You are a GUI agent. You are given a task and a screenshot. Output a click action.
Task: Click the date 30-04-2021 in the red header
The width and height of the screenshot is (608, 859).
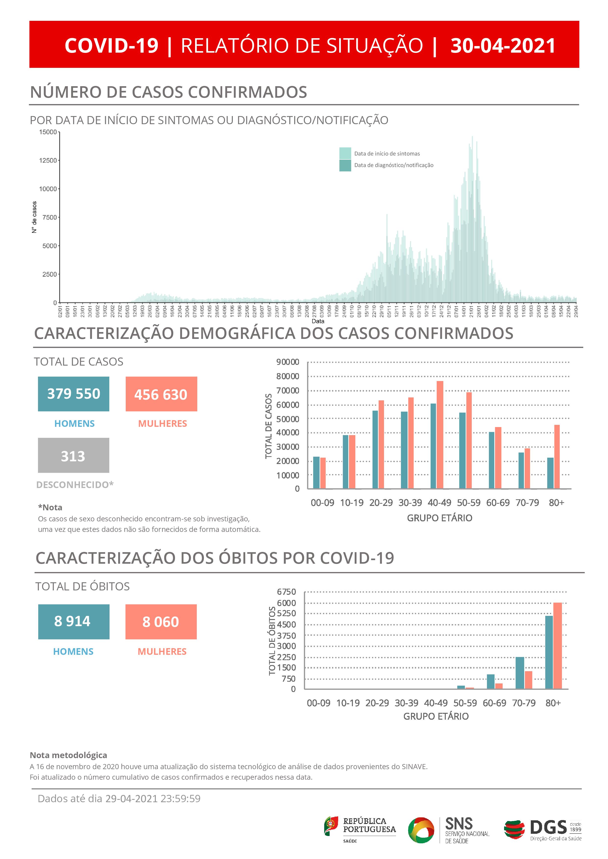(503, 46)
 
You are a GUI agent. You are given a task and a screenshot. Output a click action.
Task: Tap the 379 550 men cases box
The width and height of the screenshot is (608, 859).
(73, 394)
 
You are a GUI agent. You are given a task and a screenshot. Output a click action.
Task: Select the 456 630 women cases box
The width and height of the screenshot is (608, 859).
(161, 394)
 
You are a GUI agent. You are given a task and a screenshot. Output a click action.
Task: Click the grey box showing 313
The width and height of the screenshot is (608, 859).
(73, 455)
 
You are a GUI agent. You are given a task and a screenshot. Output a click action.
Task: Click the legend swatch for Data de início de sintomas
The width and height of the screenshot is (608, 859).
(345, 153)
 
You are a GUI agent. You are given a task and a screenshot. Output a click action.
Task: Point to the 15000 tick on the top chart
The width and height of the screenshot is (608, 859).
(48, 132)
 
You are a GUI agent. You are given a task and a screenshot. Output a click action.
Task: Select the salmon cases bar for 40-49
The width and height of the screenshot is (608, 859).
(440, 435)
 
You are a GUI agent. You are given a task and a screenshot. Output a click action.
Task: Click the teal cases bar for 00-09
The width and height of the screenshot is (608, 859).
(316, 473)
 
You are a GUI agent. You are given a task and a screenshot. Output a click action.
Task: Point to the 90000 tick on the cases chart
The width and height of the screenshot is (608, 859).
(287, 362)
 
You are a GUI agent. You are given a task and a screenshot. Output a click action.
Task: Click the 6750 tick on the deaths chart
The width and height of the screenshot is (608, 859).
(286, 592)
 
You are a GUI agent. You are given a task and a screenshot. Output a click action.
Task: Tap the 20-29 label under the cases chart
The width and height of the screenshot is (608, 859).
(381, 503)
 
